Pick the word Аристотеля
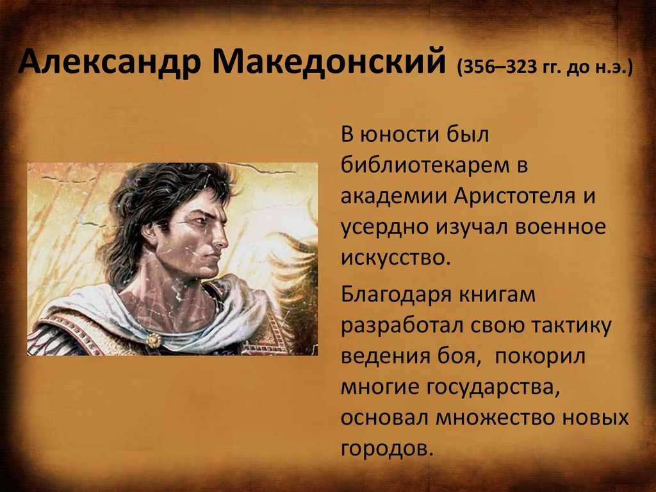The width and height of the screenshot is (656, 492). point(514,196)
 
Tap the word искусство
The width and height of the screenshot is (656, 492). point(395,258)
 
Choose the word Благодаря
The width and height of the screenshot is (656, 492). point(396,295)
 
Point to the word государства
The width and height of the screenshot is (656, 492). point(493,387)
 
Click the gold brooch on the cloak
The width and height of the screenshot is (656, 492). point(154,340)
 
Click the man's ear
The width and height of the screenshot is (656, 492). point(149,230)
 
